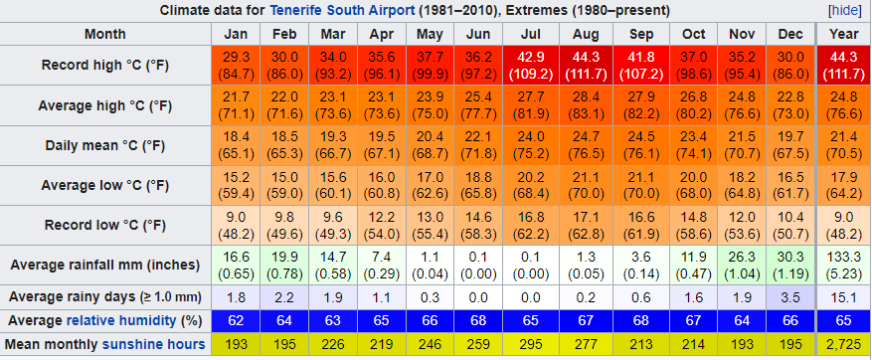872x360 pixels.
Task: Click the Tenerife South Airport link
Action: (343, 11)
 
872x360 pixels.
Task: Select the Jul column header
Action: (531, 34)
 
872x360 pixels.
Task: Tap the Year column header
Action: (843, 34)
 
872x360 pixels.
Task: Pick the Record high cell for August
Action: (587, 65)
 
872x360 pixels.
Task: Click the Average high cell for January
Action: (237, 105)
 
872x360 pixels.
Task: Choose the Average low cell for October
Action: (693, 185)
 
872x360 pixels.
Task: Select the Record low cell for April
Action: (381, 226)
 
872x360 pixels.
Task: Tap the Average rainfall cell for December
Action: (790, 266)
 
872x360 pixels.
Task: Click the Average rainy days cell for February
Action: (284, 297)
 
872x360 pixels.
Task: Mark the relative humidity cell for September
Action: (641, 321)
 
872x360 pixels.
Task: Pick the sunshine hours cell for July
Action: (531, 344)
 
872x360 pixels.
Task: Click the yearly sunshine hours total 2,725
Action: (843, 344)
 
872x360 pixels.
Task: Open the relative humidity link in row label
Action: (121, 321)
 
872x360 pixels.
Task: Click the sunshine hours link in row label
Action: (153, 344)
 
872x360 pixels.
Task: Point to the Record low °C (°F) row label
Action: (105, 226)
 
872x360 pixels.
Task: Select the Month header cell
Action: (105, 34)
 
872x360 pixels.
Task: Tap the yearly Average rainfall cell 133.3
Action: (843, 266)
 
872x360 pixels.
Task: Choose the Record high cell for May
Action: (430, 65)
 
